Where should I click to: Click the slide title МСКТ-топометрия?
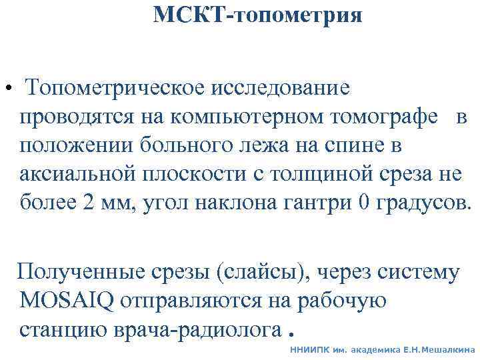257,15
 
